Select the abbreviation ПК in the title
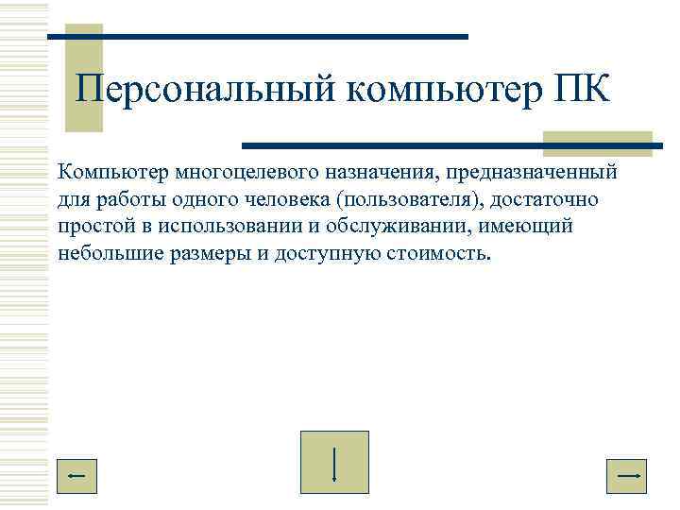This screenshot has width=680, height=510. (x=581, y=92)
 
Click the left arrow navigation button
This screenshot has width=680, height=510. (x=78, y=477)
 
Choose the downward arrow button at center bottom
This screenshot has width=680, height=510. (x=334, y=462)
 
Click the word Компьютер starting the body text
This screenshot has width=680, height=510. (x=110, y=173)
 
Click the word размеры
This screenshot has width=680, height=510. (x=211, y=254)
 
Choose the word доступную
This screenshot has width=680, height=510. (x=326, y=254)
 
